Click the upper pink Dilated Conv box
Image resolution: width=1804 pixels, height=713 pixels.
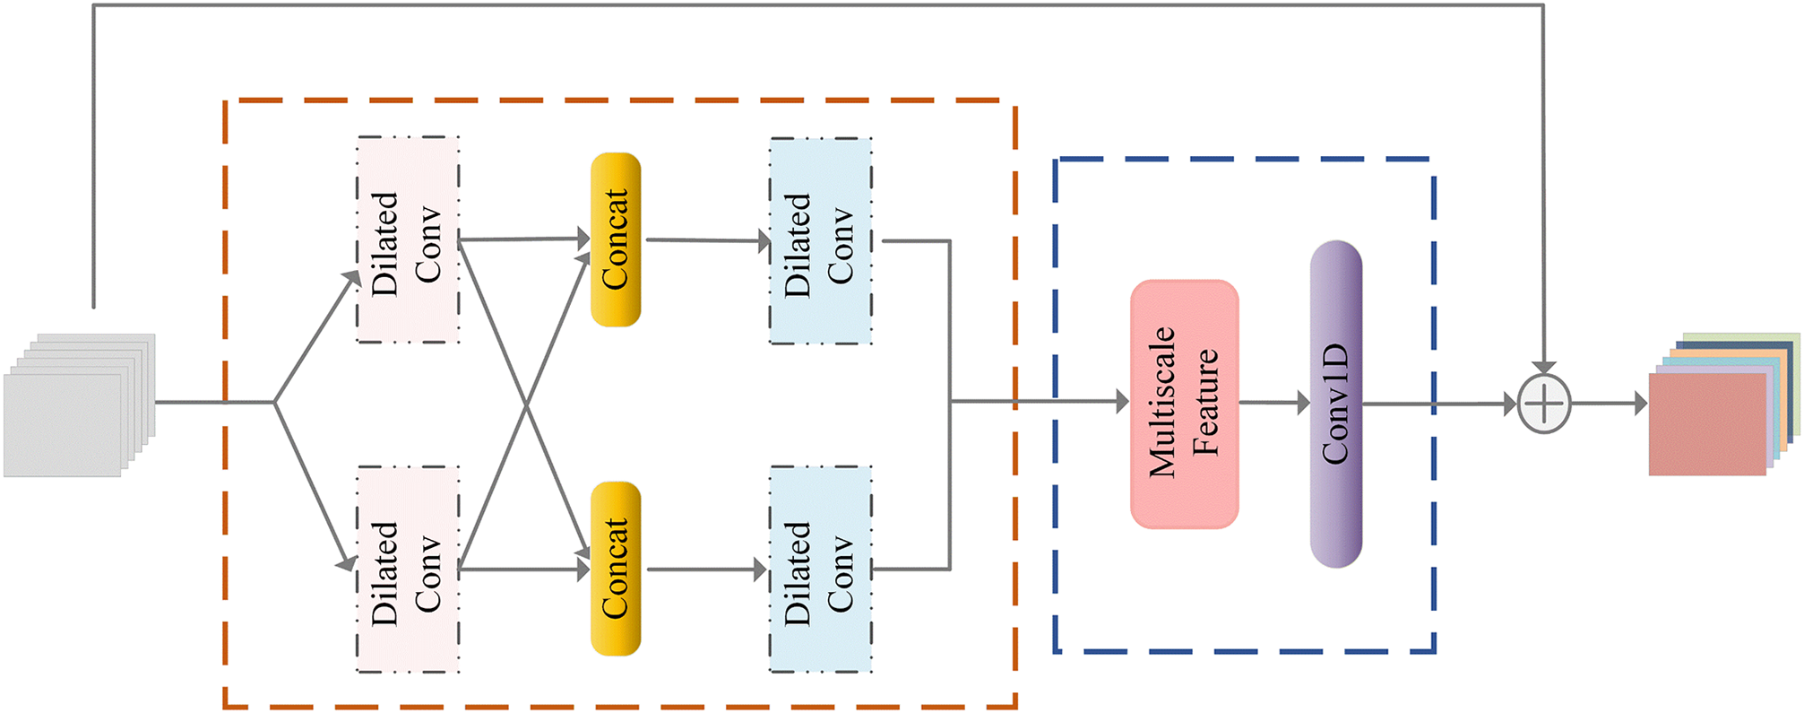coord(408,239)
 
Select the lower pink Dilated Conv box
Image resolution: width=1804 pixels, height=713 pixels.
coord(408,569)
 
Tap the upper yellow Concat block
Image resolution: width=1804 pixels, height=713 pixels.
coord(616,239)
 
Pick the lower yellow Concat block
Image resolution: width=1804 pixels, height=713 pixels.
coord(616,569)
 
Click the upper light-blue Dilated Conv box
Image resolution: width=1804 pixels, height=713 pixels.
coord(820,240)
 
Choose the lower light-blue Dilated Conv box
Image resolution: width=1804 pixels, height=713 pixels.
coord(820,569)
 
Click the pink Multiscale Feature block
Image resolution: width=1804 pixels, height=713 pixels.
coord(1184,404)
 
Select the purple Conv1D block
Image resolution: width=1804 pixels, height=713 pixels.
coord(1335,404)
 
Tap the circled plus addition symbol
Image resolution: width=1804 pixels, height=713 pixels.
coord(1544,404)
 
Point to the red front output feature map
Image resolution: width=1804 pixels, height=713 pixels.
coord(1707,423)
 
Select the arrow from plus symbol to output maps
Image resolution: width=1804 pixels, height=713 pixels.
coord(1610,404)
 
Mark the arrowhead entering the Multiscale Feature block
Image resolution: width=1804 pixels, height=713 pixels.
coord(1121,402)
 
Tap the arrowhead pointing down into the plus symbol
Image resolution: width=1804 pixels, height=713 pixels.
coord(1543,367)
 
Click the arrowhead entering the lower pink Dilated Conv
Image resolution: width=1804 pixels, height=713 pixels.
coord(346,563)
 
